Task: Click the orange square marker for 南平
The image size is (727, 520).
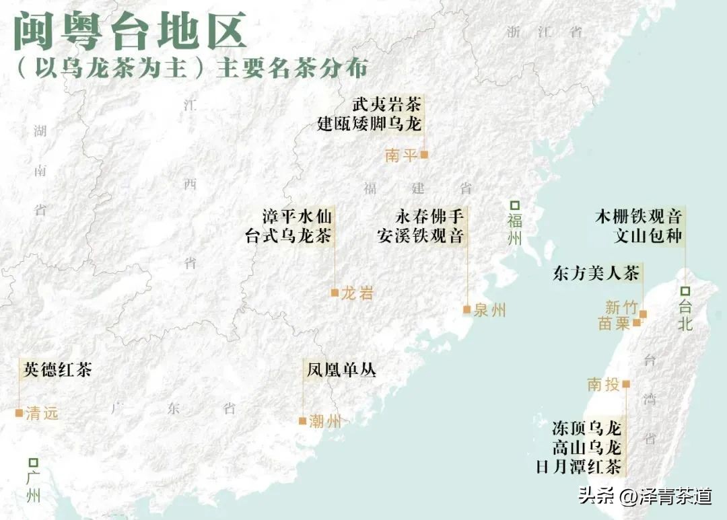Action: [x=424, y=155]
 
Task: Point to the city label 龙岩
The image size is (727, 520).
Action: [x=357, y=293]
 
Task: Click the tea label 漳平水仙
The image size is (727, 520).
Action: [x=297, y=217]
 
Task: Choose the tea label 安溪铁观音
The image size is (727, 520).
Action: [x=421, y=236]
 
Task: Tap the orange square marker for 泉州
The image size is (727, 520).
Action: [x=466, y=309]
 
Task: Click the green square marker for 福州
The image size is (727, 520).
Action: [x=515, y=205]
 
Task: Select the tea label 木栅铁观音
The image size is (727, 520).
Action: [x=639, y=217]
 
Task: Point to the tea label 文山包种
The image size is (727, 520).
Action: [x=648, y=236]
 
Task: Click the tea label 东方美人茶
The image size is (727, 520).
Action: [x=596, y=274]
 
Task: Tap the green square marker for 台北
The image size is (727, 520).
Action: [x=685, y=291]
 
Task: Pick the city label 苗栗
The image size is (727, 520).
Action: [x=614, y=324]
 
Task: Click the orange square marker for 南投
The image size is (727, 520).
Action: [x=626, y=384]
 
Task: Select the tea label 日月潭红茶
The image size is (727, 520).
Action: [x=578, y=466]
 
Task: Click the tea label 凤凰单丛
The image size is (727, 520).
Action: [x=341, y=370]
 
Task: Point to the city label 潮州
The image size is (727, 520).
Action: [x=325, y=422]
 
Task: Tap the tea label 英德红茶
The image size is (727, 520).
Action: [x=57, y=369]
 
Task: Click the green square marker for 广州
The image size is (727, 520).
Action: [x=33, y=463]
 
